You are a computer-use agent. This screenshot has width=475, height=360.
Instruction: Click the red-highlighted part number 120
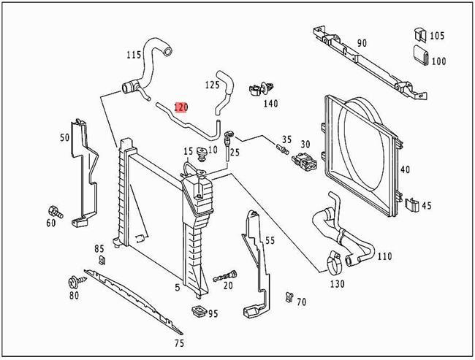(180, 107)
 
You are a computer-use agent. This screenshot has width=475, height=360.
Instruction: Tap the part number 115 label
(133, 55)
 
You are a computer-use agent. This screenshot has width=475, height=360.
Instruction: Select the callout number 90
(362, 43)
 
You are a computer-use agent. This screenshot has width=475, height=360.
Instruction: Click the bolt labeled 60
(55, 210)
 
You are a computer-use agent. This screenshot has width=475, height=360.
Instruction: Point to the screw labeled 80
(75, 280)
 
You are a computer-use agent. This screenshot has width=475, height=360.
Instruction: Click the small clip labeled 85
(102, 261)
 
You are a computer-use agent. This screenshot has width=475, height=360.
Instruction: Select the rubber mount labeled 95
(197, 313)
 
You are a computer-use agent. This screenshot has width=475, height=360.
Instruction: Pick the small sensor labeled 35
(280, 150)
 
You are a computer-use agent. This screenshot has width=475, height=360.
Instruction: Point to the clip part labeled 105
(419, 34)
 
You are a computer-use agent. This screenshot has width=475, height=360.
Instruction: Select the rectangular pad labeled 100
(420, 55)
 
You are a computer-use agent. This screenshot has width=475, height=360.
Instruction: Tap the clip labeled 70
(290, 297)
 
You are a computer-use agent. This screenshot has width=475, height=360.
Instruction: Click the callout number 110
(384, 256)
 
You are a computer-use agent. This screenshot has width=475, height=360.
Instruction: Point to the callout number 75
(179, 342)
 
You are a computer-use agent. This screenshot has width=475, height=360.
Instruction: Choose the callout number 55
(270, 240)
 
